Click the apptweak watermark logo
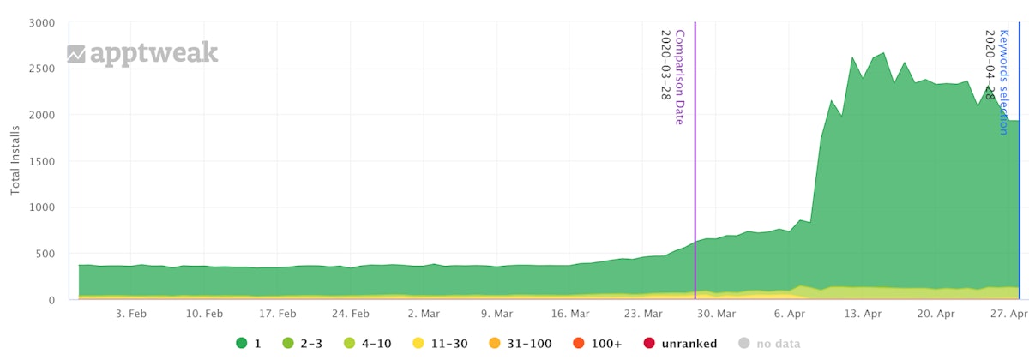pos(143,54)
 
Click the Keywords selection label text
pos(1004,81)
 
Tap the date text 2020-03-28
pos(665,65)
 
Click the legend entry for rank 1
pos(249,344)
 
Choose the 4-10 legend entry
pos(365,344)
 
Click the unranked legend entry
pos(680,344)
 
